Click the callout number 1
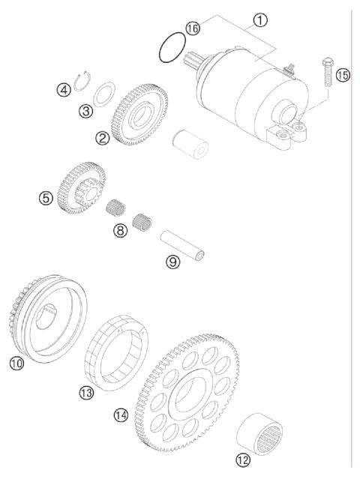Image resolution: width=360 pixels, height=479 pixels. [260, 19]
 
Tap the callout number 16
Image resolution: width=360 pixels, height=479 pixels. [193, 28]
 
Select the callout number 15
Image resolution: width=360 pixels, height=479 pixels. [343, 75]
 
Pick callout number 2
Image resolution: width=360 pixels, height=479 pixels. [102, 137]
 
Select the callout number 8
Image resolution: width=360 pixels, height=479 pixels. [121, 231]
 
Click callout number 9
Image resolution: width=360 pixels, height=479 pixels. [173, 262]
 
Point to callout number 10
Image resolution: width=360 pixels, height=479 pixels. [17, 364]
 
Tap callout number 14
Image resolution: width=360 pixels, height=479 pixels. [120, 415]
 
